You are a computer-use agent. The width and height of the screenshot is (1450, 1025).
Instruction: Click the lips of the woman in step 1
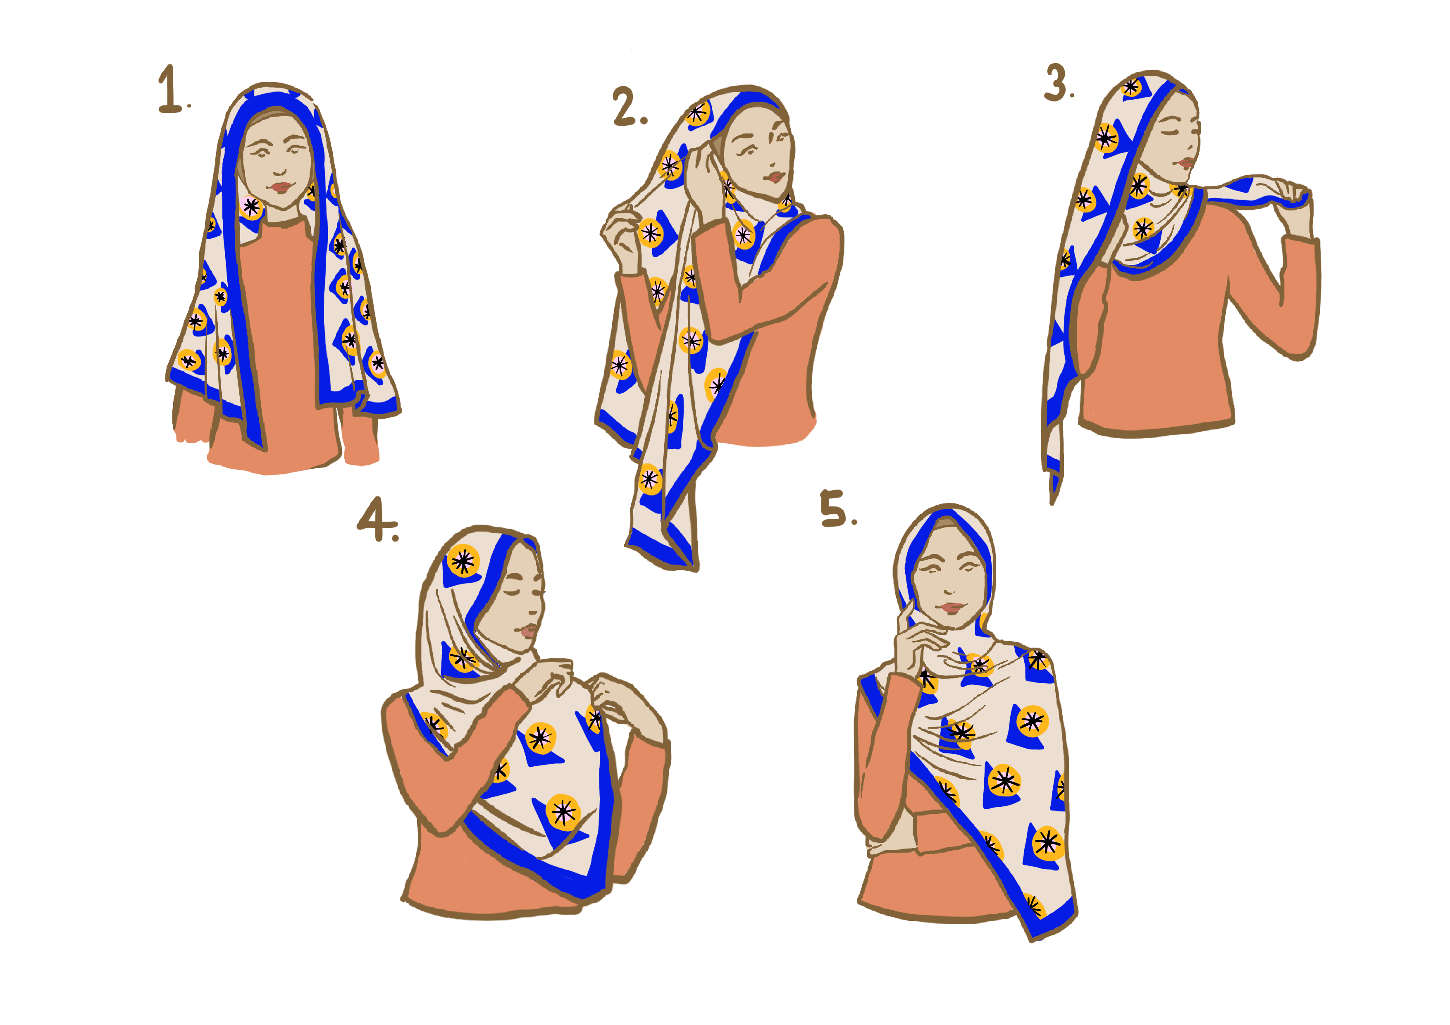tap(280, 187)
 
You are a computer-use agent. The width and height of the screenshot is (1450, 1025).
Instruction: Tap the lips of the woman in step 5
tap(951, 608)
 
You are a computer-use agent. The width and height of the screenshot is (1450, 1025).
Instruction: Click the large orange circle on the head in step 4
tap(463, 560)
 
